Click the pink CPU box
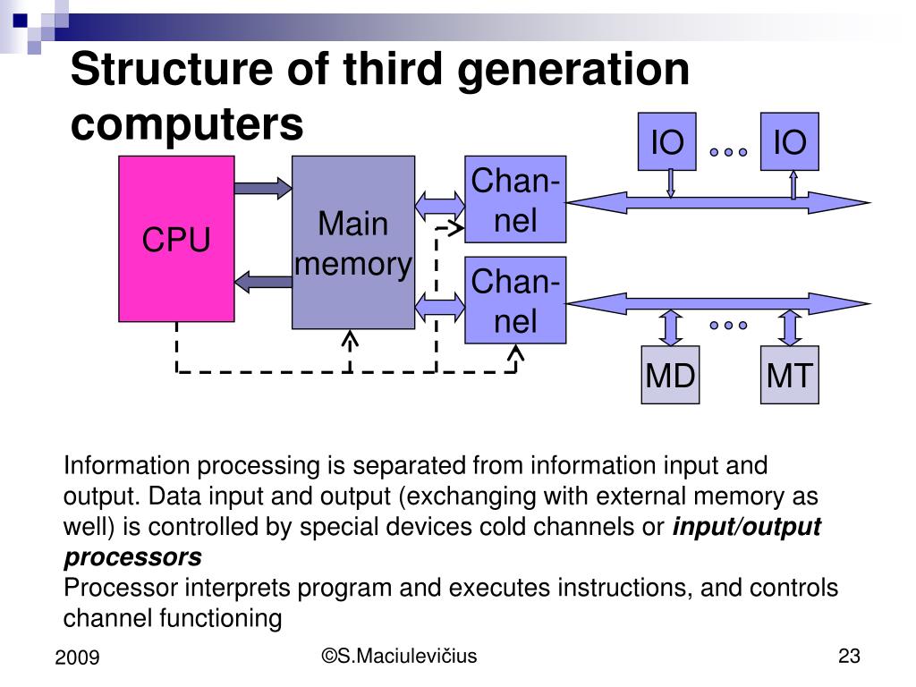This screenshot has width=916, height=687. click(x=176, y=239)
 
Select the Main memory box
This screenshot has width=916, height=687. click(x=353, y=242)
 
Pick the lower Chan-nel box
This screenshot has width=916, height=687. click(x=515, y=301)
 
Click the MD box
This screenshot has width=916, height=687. click(x=670, y=375)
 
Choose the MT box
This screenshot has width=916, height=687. click(x=789, y=375)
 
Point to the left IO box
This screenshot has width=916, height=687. click(x=666, y=141)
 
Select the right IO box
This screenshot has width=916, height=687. click(x=790, y=141)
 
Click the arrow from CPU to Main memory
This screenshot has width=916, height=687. click(x=263, y=188)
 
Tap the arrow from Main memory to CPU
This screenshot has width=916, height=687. click(x=263, y=281)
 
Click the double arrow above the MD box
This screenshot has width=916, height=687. click(x=670, y=327)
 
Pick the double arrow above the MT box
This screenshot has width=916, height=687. click(x=789, y=327)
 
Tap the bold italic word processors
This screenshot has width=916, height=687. click(x=132, y=557)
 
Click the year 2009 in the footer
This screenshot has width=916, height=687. click(x=77, y=658)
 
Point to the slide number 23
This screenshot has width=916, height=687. click(x=849, y=657)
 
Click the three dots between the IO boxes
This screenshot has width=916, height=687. click(x=728, y=152)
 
